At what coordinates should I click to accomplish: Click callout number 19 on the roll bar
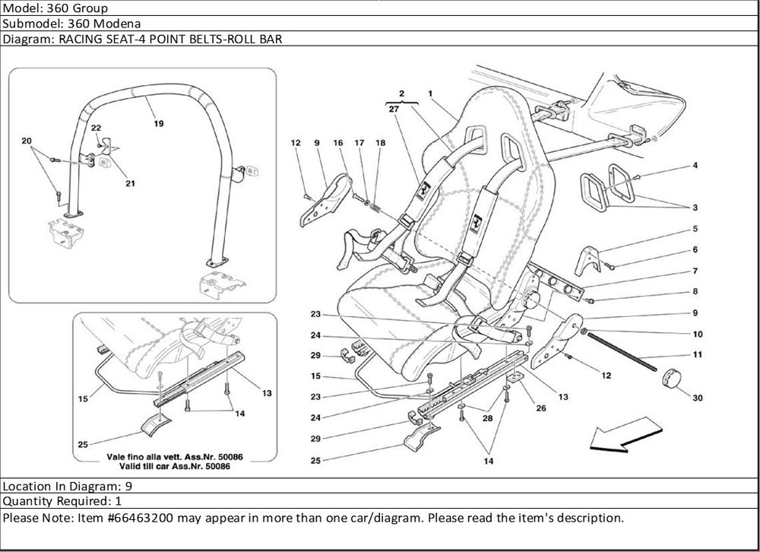[x=158, y=122]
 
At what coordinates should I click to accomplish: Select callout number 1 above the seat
[x=430, y=94]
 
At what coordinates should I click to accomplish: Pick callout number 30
[x=696, y=397]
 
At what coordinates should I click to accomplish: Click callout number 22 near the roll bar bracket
[x=97, y=129]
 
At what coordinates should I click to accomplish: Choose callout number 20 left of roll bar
[x=27, y=141]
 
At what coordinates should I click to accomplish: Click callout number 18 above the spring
[x=381, y=143]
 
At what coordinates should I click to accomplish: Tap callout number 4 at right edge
[x=695, y=166]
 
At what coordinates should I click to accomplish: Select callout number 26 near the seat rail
[x=541, y=408]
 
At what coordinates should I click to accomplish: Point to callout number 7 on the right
[x=695, y=271]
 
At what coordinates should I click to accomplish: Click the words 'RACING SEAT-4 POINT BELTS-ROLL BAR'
[x=166, y=39]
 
